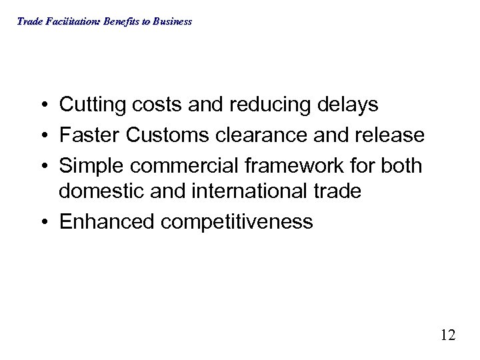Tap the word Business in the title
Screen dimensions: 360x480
coord(172,21)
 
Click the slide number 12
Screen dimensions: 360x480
coord(448,335)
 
